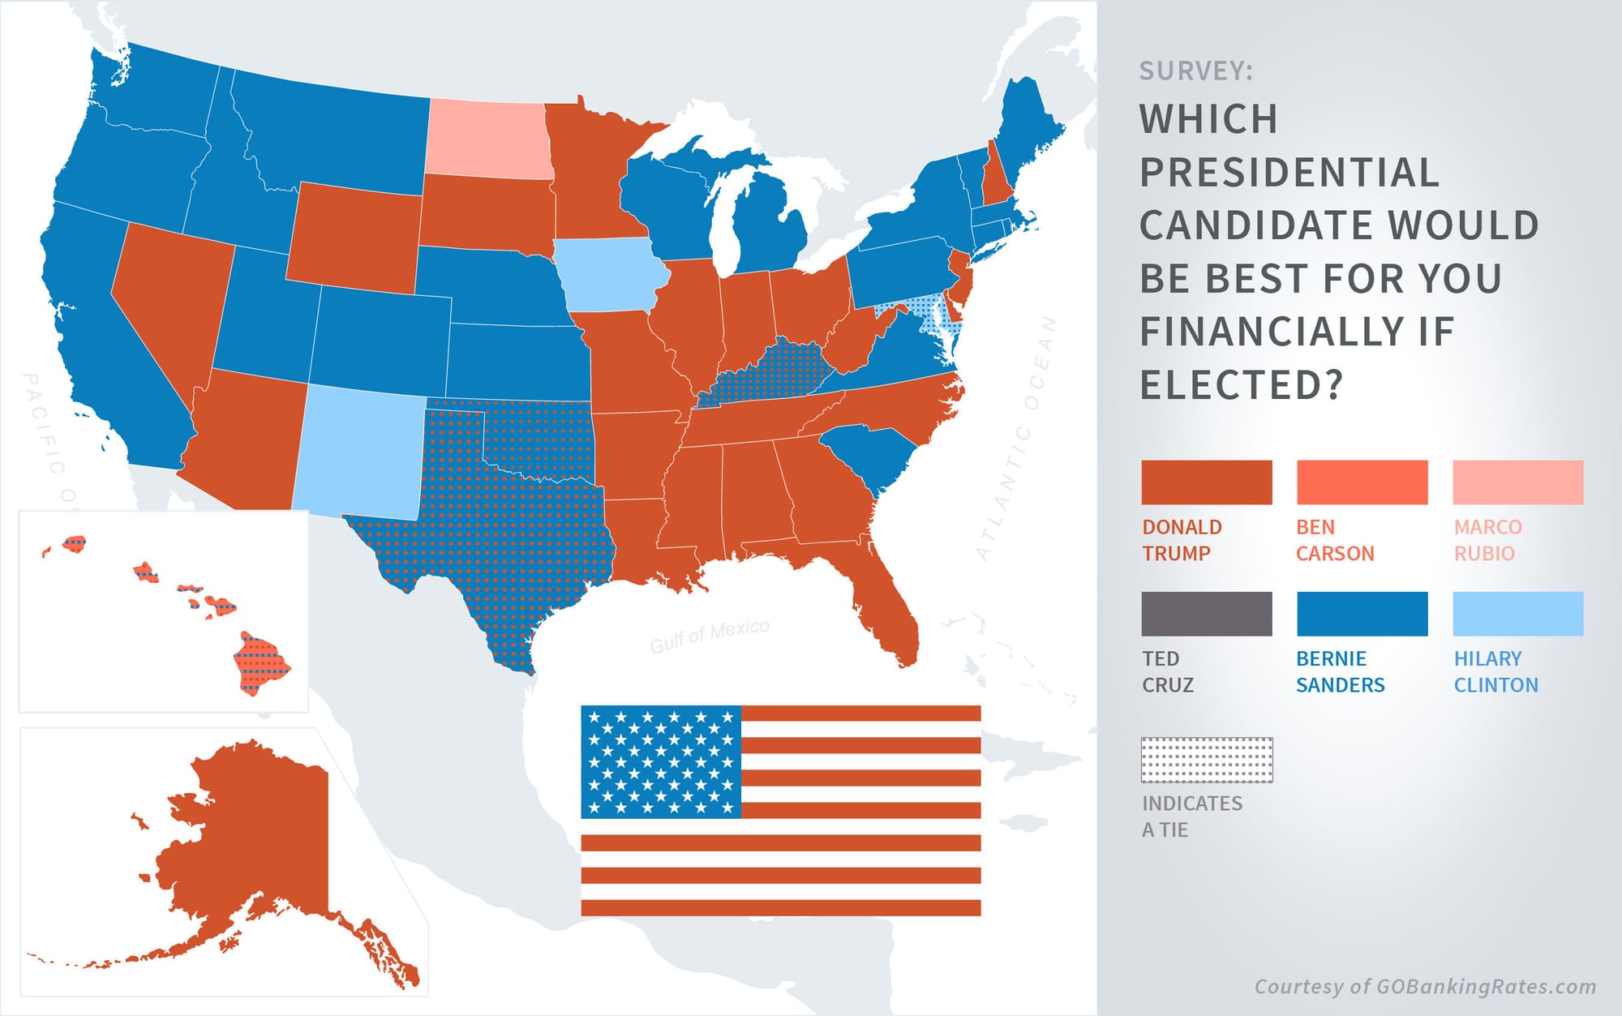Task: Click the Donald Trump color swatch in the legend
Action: tap(1206, 482)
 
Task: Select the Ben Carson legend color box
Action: tap(1362, 482)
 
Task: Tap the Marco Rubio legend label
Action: tap(1487, 540)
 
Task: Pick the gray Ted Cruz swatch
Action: tap(1206, 614)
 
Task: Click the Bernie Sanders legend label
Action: tap(1340, 671)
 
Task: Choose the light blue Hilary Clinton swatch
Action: tap(1517, 614)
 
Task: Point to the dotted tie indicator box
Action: tap(1206, 760)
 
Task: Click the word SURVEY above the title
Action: tap(1195, 71)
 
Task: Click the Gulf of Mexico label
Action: tap(710, 636)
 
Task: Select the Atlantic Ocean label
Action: tap(1019, 438)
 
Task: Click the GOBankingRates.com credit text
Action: tap(1425, 987)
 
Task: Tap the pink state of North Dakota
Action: tap(488, 139)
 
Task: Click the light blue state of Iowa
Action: tap(610, 276)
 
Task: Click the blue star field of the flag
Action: tap(661, 761)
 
